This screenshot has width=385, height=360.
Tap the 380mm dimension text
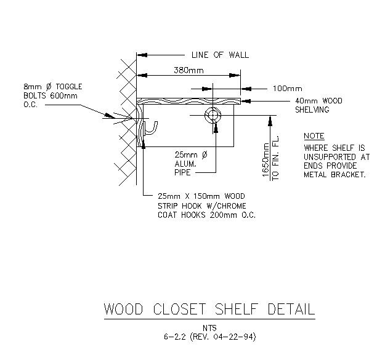188,71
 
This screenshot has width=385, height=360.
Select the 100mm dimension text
287,88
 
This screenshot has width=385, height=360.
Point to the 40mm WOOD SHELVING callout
318,105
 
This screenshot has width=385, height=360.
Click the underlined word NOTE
314,136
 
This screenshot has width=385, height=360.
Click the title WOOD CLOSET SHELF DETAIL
209,308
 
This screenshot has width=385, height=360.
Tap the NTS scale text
209,327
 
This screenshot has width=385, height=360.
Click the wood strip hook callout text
206,206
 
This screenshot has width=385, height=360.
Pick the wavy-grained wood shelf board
188,101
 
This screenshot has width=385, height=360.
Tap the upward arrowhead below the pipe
215,126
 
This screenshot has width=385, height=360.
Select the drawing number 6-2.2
174,337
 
